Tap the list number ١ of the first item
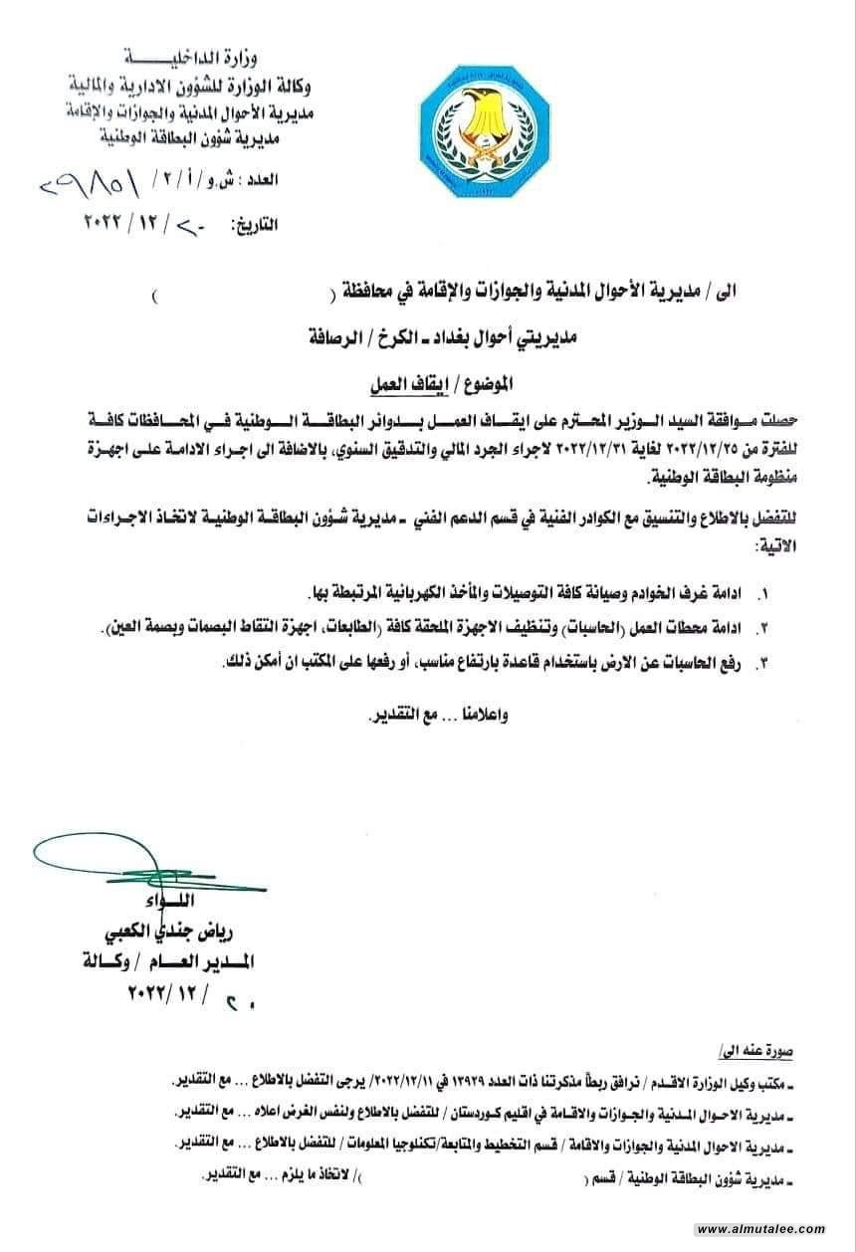click(x=763, y=593)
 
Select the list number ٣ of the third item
click(x=763, y=662)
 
